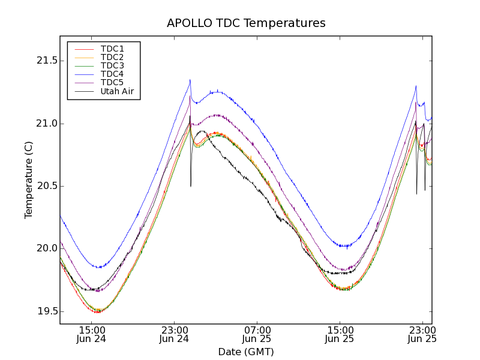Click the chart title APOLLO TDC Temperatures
(246, 23)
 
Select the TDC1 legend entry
(112, 49)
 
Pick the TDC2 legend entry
(112, 57)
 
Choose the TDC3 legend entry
(112, 65)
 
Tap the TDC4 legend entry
(112, 74)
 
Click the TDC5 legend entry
(112, 82)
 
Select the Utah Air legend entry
(117, 91)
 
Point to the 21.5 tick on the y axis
(46, 61)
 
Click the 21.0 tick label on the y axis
(46, 124)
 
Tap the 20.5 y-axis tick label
(46, 186)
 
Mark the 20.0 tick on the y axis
(46, 248)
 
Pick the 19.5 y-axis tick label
(46, 311)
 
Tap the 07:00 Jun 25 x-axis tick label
(257, 334)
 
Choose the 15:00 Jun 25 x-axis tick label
(340, 334)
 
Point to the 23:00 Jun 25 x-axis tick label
(422, 334)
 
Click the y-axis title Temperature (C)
(28, 180)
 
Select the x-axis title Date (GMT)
(246, 352)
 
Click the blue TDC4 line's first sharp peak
(190, 80)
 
